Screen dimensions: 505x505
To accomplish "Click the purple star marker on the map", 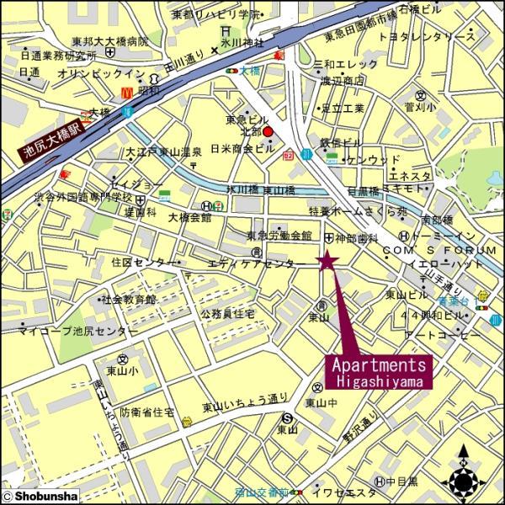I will pos(327,262).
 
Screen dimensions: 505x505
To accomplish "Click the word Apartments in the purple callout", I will pos(380,364).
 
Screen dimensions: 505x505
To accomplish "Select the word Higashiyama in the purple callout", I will pos(380,380).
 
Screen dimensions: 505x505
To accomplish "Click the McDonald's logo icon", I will pos(127,90).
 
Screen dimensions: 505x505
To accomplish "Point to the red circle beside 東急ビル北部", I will pos(268,132).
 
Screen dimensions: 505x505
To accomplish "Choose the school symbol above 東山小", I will pos(122,359).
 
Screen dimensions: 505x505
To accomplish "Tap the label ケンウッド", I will pos(374,159).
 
